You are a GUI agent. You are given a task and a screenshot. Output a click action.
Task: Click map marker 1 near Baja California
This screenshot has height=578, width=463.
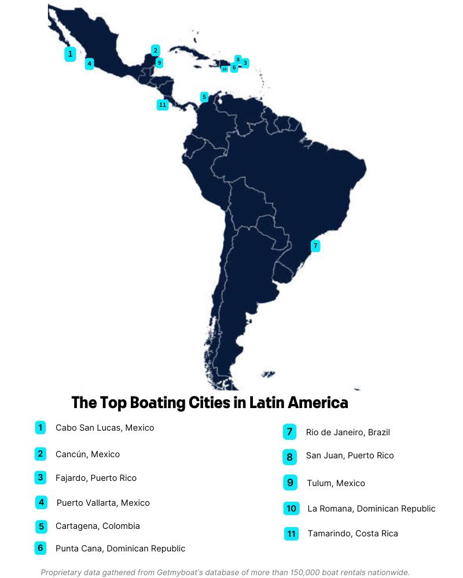70,54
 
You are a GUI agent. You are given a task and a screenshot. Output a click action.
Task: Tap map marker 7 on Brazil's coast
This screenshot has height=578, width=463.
315,246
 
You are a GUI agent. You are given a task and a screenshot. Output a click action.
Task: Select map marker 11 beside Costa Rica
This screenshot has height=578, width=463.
162,105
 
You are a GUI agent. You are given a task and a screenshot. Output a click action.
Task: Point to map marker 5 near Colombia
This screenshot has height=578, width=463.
204,97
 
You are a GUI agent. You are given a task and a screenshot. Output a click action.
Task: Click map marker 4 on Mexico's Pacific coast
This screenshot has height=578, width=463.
89,64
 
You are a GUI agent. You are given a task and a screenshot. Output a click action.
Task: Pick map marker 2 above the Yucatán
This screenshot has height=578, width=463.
155,50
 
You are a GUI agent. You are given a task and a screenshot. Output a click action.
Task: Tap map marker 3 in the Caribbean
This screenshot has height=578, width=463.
245,62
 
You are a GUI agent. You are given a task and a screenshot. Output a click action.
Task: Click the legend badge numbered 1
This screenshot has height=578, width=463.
40,428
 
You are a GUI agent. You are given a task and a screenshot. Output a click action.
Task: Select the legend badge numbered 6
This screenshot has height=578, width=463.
40,548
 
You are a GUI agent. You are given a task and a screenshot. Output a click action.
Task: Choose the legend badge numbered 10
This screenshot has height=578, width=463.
291,509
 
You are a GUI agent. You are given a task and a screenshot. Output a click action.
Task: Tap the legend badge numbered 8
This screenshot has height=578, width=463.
290,457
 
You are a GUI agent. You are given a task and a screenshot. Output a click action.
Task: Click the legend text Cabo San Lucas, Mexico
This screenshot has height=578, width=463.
105,428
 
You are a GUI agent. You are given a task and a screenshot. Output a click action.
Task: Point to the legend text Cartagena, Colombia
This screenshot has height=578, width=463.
97,526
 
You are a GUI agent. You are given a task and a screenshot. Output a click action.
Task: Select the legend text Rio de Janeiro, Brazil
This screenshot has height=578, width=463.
348,432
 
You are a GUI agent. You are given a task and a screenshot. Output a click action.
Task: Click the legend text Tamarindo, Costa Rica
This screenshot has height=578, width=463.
352,533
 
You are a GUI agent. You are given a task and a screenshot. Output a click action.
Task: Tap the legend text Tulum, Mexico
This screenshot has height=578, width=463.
336,483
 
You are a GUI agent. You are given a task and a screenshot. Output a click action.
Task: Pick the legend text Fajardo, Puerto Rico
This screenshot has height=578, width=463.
96,478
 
